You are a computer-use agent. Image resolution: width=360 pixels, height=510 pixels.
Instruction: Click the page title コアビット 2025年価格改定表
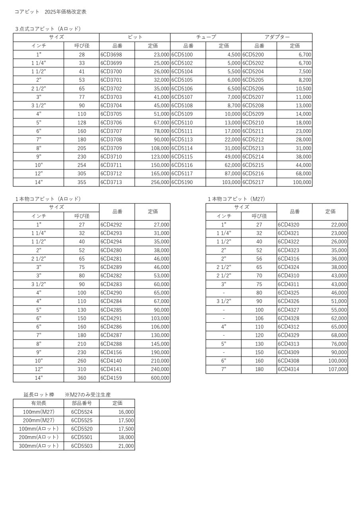point(51,12)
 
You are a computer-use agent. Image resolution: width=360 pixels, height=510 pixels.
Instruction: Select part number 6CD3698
point(111,55)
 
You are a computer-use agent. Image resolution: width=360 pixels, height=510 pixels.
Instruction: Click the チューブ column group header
point(206,37)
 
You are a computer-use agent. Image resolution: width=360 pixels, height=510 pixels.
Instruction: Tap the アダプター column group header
point(277,37)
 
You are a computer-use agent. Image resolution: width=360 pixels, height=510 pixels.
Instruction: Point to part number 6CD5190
point(182,182)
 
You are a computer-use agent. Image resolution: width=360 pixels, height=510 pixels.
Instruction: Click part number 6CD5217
point(253,182)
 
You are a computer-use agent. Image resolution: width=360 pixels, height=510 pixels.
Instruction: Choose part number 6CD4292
point(111,225)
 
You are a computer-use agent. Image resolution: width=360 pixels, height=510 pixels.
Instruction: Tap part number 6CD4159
point(111,378)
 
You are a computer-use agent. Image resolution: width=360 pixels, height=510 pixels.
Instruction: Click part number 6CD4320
point(288,225)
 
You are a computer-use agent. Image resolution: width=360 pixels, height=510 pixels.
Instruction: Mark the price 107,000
point(337,369)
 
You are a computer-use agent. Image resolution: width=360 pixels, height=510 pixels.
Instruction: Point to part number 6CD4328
point(288,318)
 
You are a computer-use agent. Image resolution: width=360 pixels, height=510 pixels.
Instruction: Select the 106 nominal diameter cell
point(259,318)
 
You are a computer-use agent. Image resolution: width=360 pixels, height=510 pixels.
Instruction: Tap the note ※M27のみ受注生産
point(88,394)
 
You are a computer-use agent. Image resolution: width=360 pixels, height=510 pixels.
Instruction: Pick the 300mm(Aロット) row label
point(39,446)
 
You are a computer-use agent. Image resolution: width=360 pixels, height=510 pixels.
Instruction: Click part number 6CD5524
point(82,412)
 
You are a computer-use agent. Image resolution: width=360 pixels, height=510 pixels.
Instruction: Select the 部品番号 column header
point(82,403)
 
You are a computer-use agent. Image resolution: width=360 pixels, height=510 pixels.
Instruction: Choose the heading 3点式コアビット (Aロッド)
point(48,29)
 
